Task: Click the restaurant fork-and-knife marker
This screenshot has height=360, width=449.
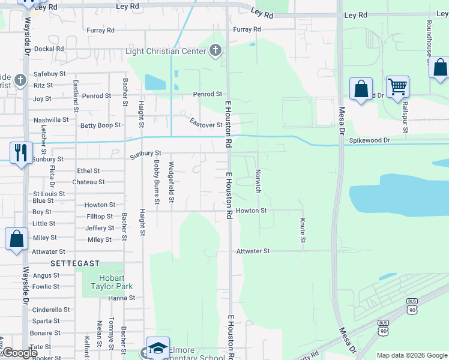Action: click(22, 153)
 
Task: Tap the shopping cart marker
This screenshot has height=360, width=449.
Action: click(397, 88)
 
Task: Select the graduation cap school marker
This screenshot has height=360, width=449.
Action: click(157, 348)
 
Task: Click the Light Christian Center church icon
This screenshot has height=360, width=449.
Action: click(216, 51)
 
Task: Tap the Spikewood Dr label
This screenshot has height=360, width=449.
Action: click(370, 140)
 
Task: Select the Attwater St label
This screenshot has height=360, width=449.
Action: click(253, 251)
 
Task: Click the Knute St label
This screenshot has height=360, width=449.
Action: click(302, 230)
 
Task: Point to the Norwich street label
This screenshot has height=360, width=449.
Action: click(258, 181)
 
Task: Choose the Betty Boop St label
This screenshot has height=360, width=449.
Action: click(101, 125)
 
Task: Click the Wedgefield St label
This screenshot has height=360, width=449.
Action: click(172, 181)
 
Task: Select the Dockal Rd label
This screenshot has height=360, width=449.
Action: click(49, 49)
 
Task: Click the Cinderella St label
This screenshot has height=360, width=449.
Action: click(51, 310)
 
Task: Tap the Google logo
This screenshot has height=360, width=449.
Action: click(20, 353)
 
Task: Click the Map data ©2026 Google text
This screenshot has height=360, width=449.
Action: click(411, 355)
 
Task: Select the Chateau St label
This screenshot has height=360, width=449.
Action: click(89, 182)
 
